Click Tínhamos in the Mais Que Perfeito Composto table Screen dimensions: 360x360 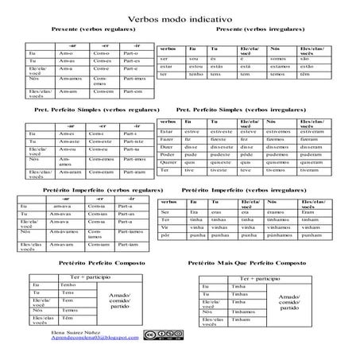239,312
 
